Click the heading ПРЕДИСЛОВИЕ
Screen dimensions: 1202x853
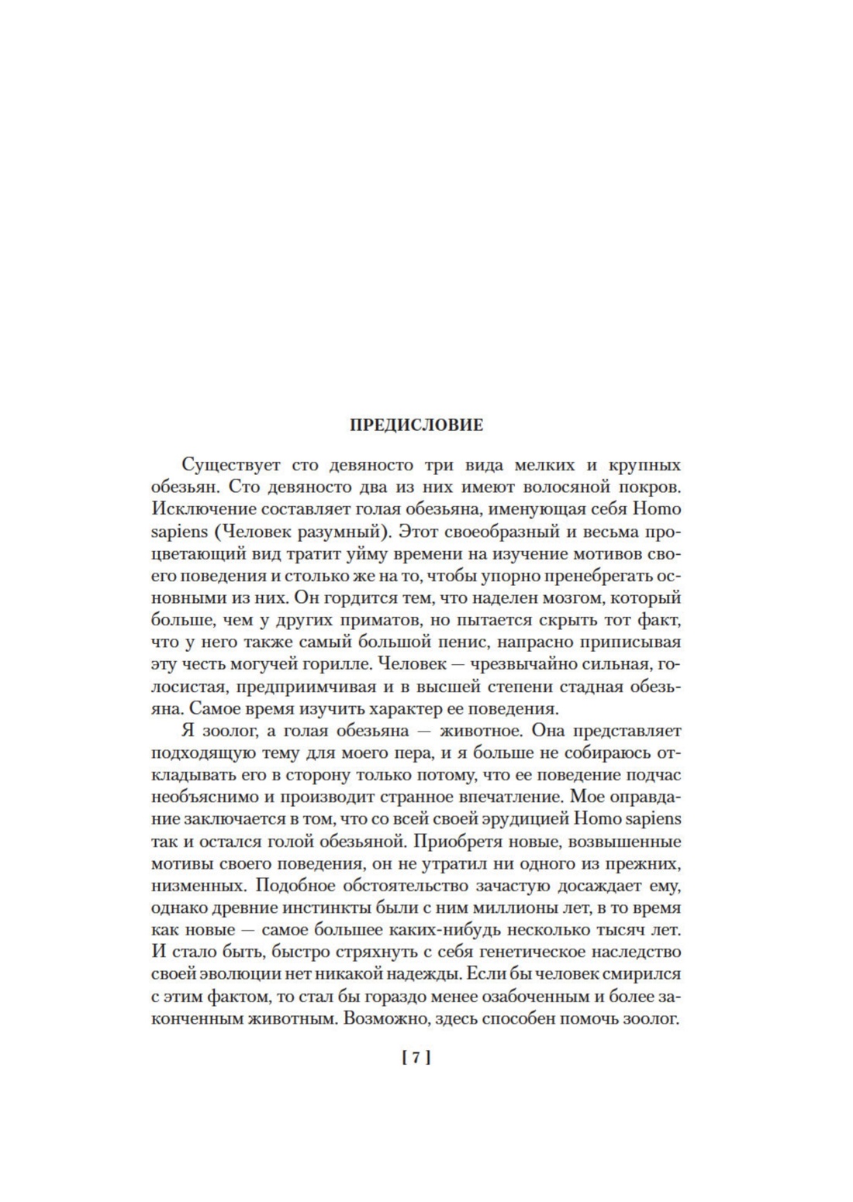[416, 425]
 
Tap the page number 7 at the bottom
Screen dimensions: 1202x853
[416, 1058]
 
